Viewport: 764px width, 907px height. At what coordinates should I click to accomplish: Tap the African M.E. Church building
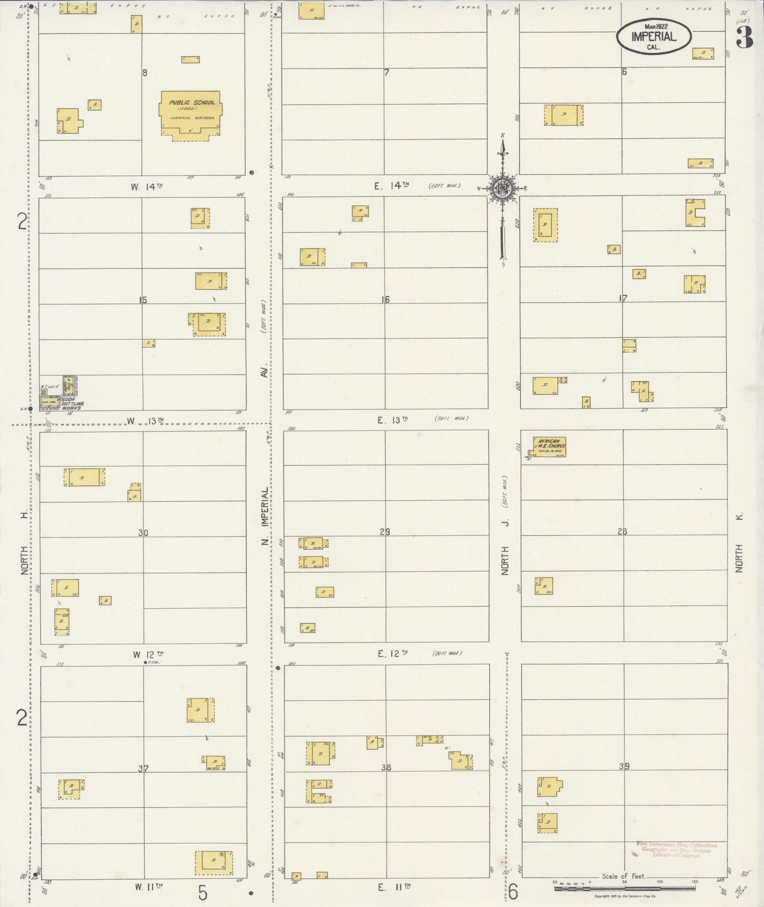tap(549, 446)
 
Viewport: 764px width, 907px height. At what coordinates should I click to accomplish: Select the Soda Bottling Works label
tap(72, 406)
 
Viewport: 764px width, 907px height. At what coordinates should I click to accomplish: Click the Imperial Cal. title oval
tap(653, 37)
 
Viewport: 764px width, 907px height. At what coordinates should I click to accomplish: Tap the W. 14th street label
tap(146, 186)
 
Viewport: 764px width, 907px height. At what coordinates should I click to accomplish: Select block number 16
tap(385, 300)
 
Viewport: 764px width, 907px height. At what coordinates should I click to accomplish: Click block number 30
tap(143, 533)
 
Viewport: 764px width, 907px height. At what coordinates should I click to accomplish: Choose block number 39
tap(624, 766)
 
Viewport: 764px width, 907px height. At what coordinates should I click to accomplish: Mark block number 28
tap(622, 531)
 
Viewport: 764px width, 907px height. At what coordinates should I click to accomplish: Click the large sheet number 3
tap(744, 37)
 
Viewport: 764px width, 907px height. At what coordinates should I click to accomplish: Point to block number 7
tap(386, 72)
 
